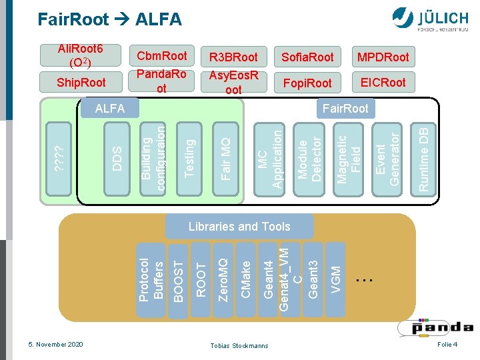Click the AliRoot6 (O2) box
coord(81,55)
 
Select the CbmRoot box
coord(161,56)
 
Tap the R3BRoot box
coord(233,57)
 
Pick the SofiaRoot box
coord(307,57)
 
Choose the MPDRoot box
coord(383,57)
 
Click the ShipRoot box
coord(81,82)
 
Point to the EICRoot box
coord(383,82)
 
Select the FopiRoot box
coord(307,83)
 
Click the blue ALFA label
coord(110,108)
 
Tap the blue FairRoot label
coord(345,109)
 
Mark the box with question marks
coord(59,159)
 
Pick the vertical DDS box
coord(117,159)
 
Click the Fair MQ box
coord(225,159)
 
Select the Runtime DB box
coord(423,159)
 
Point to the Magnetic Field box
coord(349,159)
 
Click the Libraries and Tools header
coord(239,227)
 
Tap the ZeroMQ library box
coord(223,280)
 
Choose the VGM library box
coord(335,279)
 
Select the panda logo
coord(436,328)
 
